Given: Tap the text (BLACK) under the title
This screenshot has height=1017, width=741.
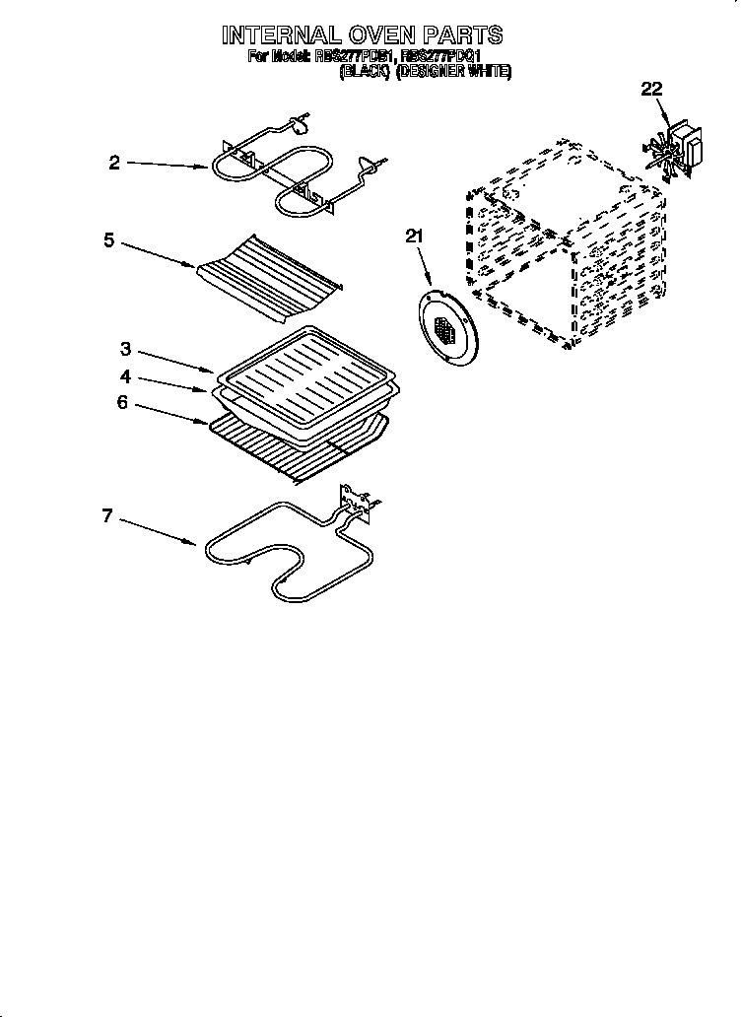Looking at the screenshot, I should tap(364, 72).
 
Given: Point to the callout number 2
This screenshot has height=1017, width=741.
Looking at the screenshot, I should tap(114, 164).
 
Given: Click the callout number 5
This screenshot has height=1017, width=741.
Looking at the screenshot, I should tap(109, 239).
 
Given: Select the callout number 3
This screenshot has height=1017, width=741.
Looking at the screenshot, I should tap(126, 348).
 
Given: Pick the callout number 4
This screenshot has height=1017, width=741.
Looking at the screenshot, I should tap(126, 375).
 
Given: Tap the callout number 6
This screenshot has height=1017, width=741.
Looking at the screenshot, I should tap(121, 402).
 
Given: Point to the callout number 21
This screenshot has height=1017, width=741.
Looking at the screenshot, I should tap(414, 235).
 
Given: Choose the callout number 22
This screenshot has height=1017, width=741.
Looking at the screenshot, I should tap(652, 91).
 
